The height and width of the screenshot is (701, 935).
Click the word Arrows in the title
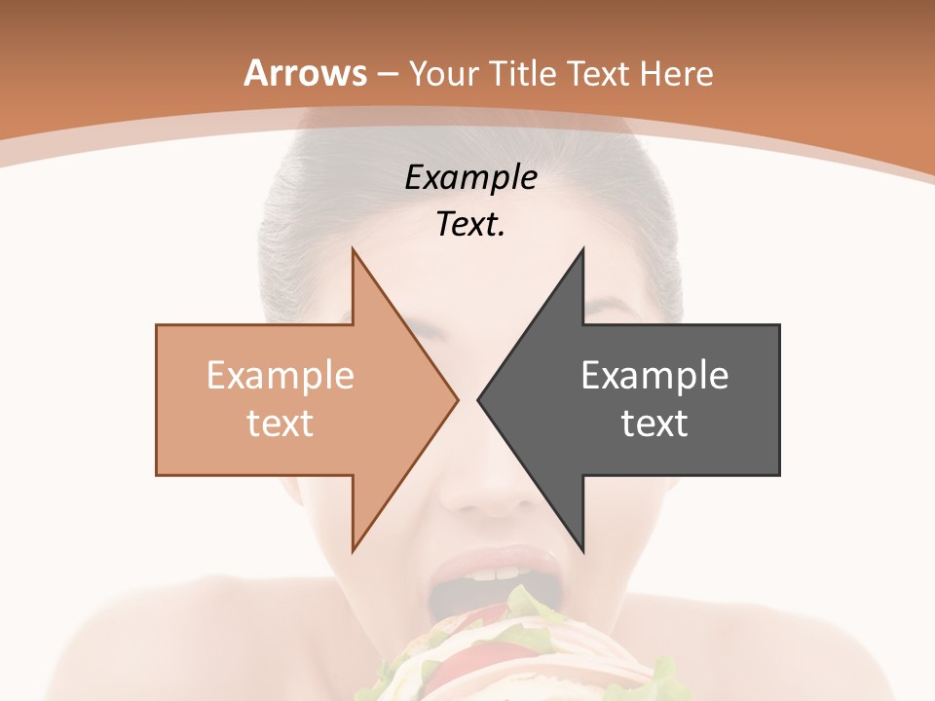pos(305,73)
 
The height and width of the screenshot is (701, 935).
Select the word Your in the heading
pos(443,73)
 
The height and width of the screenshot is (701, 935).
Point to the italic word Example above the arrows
pos(470,178)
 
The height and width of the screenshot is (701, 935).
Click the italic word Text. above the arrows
pos(470,225)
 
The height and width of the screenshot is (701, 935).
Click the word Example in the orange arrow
pos(280,376)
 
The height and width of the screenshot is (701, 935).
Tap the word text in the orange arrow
pos(280,424)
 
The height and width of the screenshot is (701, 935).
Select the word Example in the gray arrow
pos(654,376)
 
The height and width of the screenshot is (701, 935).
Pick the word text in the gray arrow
pos(654,424)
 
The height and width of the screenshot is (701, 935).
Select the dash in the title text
pos(387,74)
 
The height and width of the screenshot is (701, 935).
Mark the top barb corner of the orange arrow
pos(353,251)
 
